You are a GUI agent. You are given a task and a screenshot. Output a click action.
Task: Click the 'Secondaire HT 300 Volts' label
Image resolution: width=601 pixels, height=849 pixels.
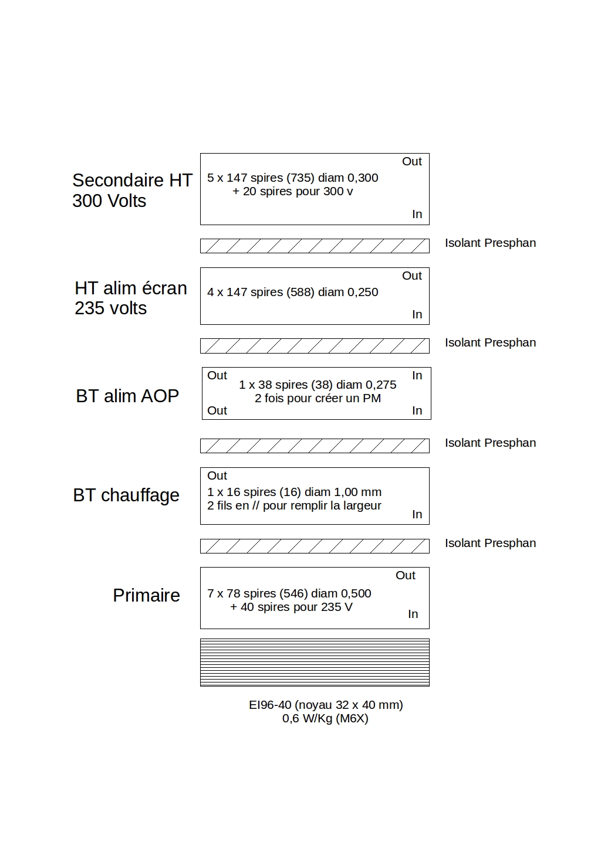click(132, 190)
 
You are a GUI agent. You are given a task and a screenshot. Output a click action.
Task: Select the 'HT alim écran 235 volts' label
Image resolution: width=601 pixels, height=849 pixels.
click(130, 298)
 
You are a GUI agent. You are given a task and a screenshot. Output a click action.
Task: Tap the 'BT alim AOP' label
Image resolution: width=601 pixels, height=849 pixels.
click(127, 396)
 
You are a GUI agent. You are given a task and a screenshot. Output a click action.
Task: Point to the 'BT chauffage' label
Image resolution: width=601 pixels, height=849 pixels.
click(126, 495)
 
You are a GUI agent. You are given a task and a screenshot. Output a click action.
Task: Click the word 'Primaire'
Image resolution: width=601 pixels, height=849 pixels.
click(146, 595)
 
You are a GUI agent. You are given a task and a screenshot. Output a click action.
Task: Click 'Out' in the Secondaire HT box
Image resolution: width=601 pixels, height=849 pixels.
click(411, 161)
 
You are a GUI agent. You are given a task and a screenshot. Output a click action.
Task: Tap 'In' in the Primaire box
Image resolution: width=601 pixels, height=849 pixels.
click(413, 614)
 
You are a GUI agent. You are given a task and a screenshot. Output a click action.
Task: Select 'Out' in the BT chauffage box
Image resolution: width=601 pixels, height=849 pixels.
click(217, 476)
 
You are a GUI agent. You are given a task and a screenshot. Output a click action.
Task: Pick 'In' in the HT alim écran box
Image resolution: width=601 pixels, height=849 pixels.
click(417, 314)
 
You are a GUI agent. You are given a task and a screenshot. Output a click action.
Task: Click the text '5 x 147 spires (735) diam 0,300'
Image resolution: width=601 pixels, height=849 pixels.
click(292, 178)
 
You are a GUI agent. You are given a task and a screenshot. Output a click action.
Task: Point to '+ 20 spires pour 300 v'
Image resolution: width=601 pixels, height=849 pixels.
click(292, 191)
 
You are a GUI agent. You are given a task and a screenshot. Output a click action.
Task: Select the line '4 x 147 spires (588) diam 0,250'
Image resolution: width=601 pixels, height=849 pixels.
click(292, 292)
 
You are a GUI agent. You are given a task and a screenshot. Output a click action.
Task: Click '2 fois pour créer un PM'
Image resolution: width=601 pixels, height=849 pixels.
click(318, 398)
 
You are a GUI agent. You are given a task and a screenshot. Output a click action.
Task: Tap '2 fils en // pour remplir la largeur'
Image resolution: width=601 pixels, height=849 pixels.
click(294, 505)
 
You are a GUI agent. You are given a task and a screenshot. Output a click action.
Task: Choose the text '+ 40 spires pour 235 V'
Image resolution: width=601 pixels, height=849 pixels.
click(291, 607)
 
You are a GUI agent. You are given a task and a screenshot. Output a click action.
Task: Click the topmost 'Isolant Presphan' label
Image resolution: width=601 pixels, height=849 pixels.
click(490, 243)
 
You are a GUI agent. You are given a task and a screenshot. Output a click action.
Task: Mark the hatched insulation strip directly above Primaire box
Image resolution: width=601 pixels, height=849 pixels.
click(315, 546)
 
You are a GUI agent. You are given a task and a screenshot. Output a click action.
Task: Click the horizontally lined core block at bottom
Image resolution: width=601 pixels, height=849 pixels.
click(315, 662)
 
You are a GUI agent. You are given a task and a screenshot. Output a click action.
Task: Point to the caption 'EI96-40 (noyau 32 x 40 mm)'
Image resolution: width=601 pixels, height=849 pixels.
click(326, 705)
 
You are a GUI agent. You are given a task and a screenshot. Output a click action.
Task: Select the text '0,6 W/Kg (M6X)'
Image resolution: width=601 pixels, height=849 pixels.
click(325, 718)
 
